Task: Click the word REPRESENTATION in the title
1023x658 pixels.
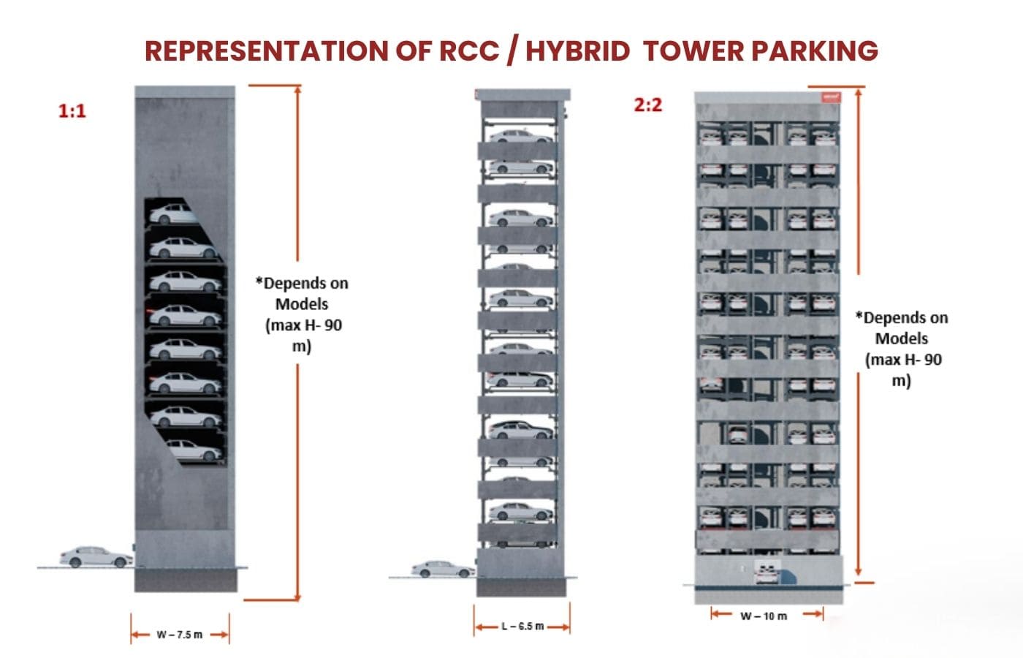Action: pos(265,51)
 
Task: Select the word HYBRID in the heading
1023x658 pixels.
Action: pos(577,51)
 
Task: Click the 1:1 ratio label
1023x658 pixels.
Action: pos(72,111)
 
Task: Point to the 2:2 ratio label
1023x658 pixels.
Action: pos(647,105)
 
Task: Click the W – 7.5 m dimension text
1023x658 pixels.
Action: pos(180,635)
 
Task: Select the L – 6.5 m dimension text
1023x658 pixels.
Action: pos(522,627)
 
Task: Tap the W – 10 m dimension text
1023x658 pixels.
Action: pos(764,616)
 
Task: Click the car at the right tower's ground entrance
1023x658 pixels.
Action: pos(767,572)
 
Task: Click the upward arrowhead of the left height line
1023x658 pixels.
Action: pos(297,92)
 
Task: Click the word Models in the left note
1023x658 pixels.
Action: pos(302,304)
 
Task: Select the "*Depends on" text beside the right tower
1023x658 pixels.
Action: pos(902,318)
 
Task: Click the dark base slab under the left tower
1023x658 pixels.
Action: pos(186,581)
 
